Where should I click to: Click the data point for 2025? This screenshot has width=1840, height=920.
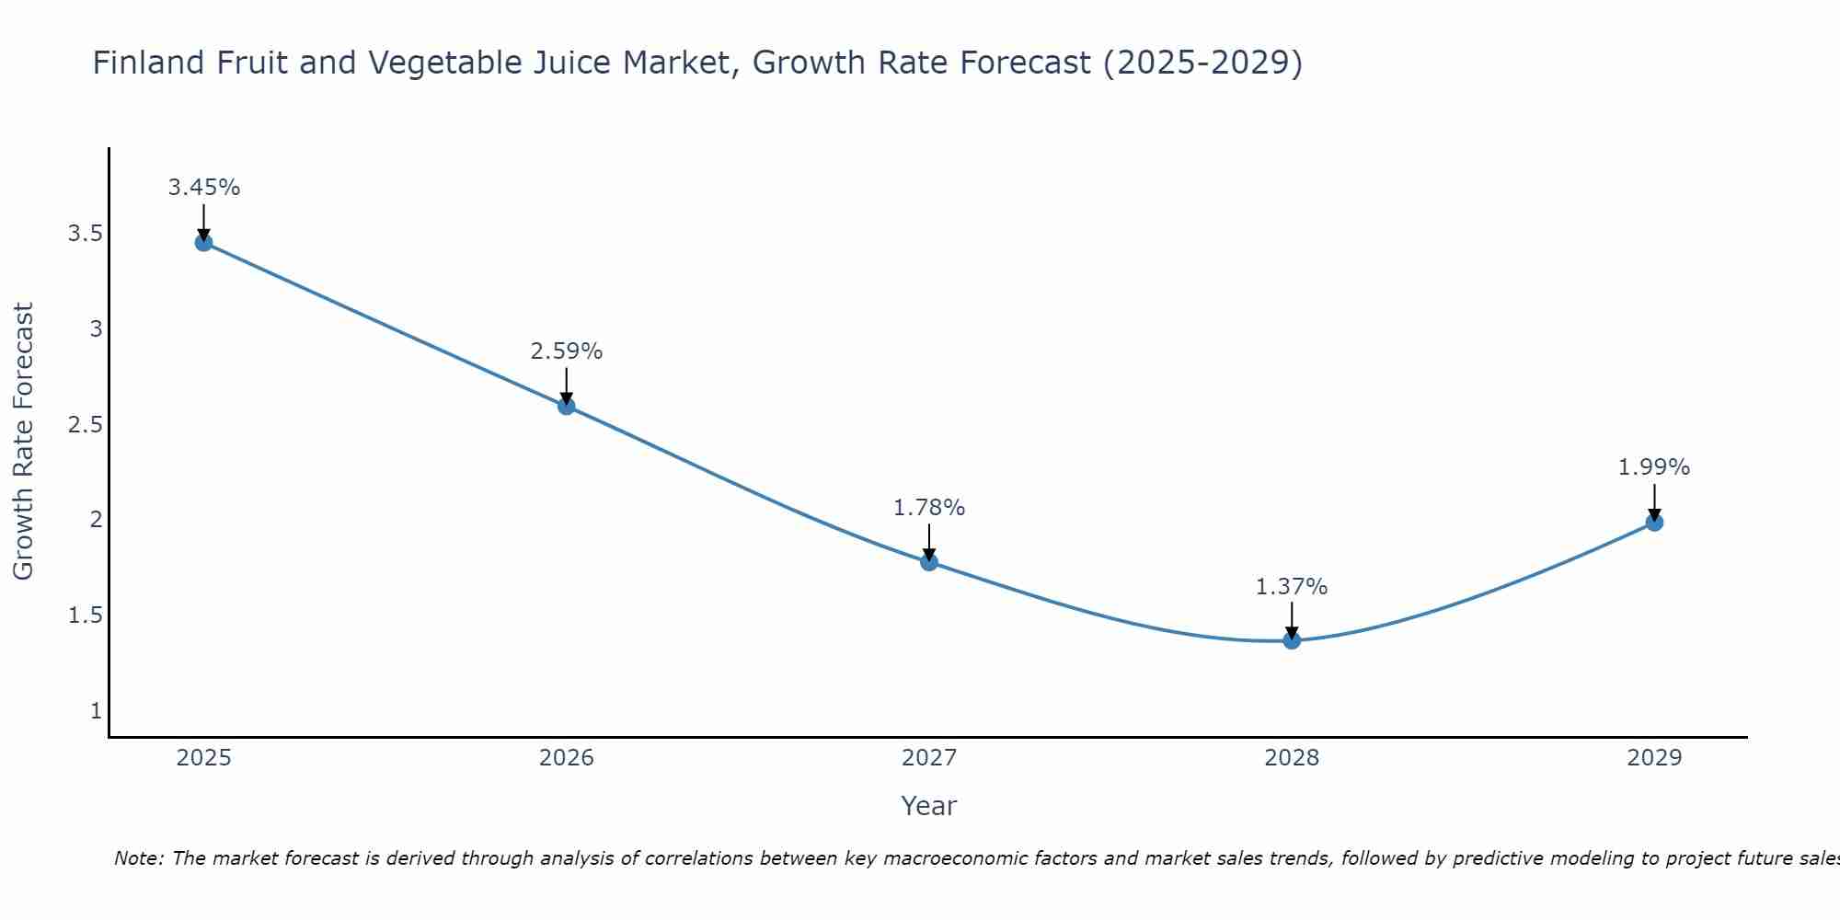203,243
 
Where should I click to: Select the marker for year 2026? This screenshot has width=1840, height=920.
567,406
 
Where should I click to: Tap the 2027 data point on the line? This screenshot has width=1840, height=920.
929,561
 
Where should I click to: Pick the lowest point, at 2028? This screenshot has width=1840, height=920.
1292,640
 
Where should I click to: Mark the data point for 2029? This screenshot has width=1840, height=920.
1654,523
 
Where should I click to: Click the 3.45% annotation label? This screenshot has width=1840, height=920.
203,188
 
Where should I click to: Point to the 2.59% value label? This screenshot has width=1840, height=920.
567,351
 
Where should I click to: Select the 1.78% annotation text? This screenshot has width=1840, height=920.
929,508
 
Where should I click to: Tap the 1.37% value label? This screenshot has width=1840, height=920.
1292,587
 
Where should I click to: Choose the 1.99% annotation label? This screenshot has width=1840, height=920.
1654,467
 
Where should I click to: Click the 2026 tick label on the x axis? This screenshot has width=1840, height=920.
567,758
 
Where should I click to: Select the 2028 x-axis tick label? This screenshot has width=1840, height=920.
1292,758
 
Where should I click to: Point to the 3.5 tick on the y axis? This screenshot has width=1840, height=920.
85,234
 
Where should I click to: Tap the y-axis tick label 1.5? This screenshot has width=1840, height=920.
85,615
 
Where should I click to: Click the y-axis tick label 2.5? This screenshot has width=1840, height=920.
85,424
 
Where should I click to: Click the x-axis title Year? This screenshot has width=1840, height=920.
929,806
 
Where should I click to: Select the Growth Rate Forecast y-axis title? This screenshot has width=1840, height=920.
24,442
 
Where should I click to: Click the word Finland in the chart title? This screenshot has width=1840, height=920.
149,63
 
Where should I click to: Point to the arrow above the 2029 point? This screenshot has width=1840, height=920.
1654,501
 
